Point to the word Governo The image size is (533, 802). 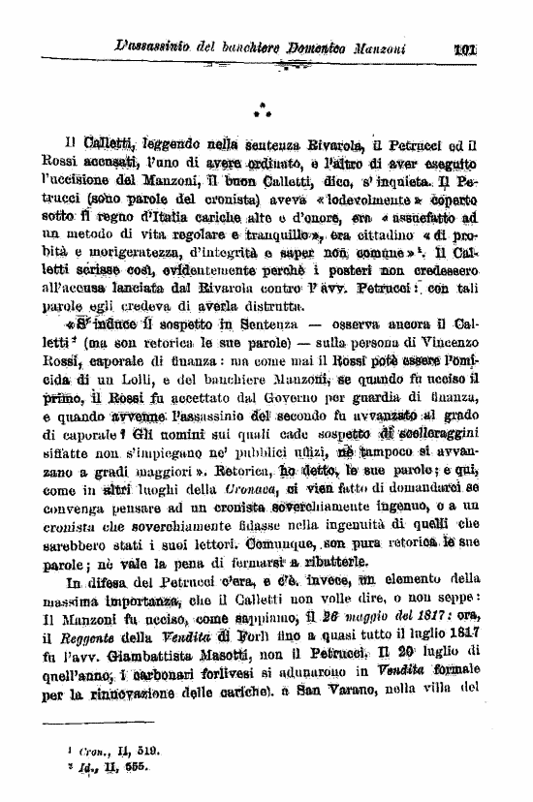coord(274,398)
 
